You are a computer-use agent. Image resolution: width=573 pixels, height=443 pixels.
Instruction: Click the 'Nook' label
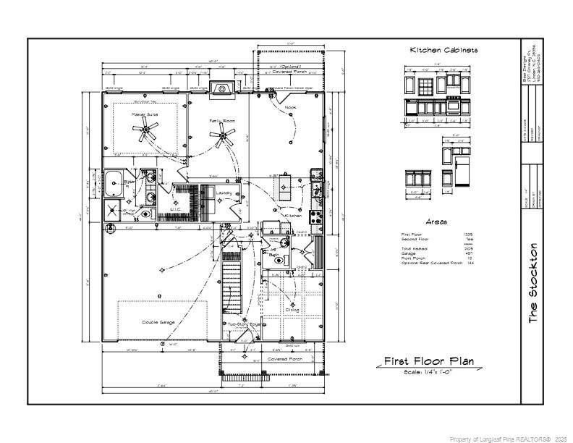pyautogui.click(x=290, y=107)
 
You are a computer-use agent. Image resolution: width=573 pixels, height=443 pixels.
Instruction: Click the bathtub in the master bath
pyautogui.click(x=114, y=184)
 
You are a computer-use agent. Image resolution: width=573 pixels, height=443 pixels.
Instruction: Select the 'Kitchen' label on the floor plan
pyautogui.click(x=292, y=216)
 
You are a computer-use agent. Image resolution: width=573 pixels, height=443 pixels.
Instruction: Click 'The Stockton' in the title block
pyautogui.click(x=534, y=282)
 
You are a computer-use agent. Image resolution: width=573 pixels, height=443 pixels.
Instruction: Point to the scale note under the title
pyautogui.click(x=428, y=372)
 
